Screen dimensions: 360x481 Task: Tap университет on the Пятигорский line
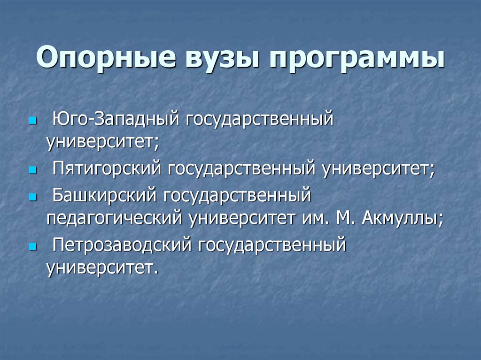pos(378,169)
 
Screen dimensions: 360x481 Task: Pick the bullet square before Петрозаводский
pos(32,245)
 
